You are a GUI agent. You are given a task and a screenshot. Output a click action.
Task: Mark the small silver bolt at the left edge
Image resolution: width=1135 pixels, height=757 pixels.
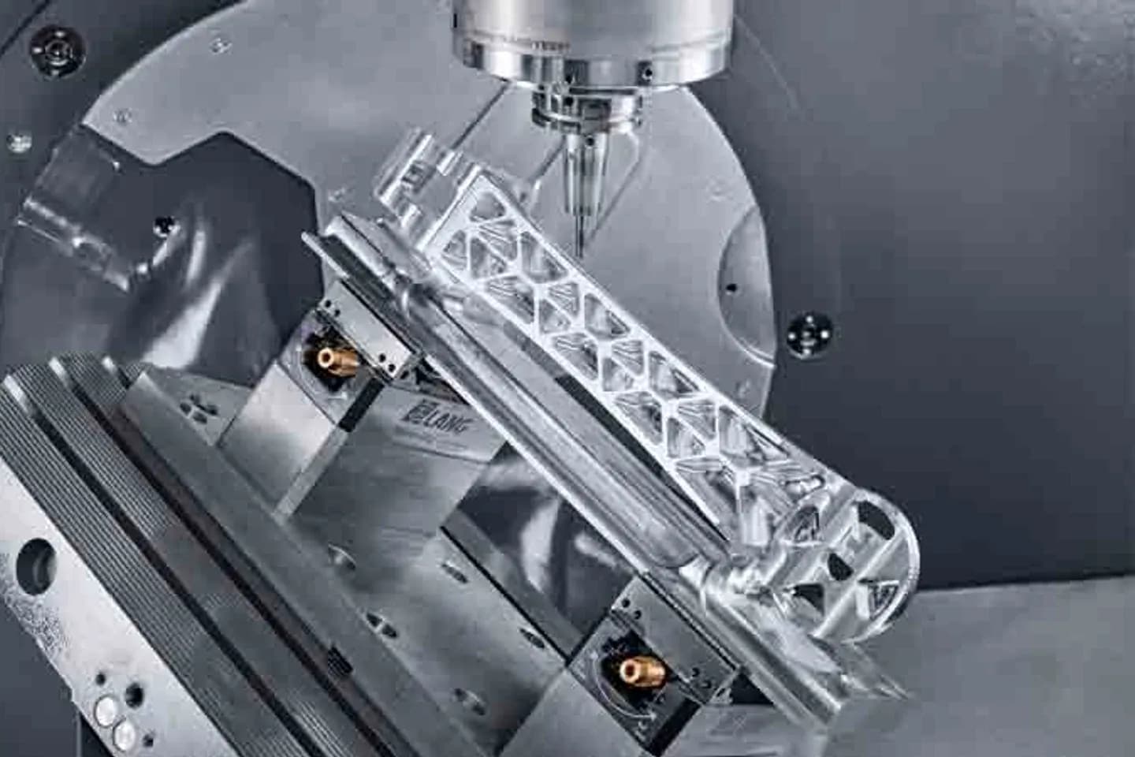(14, 143)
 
